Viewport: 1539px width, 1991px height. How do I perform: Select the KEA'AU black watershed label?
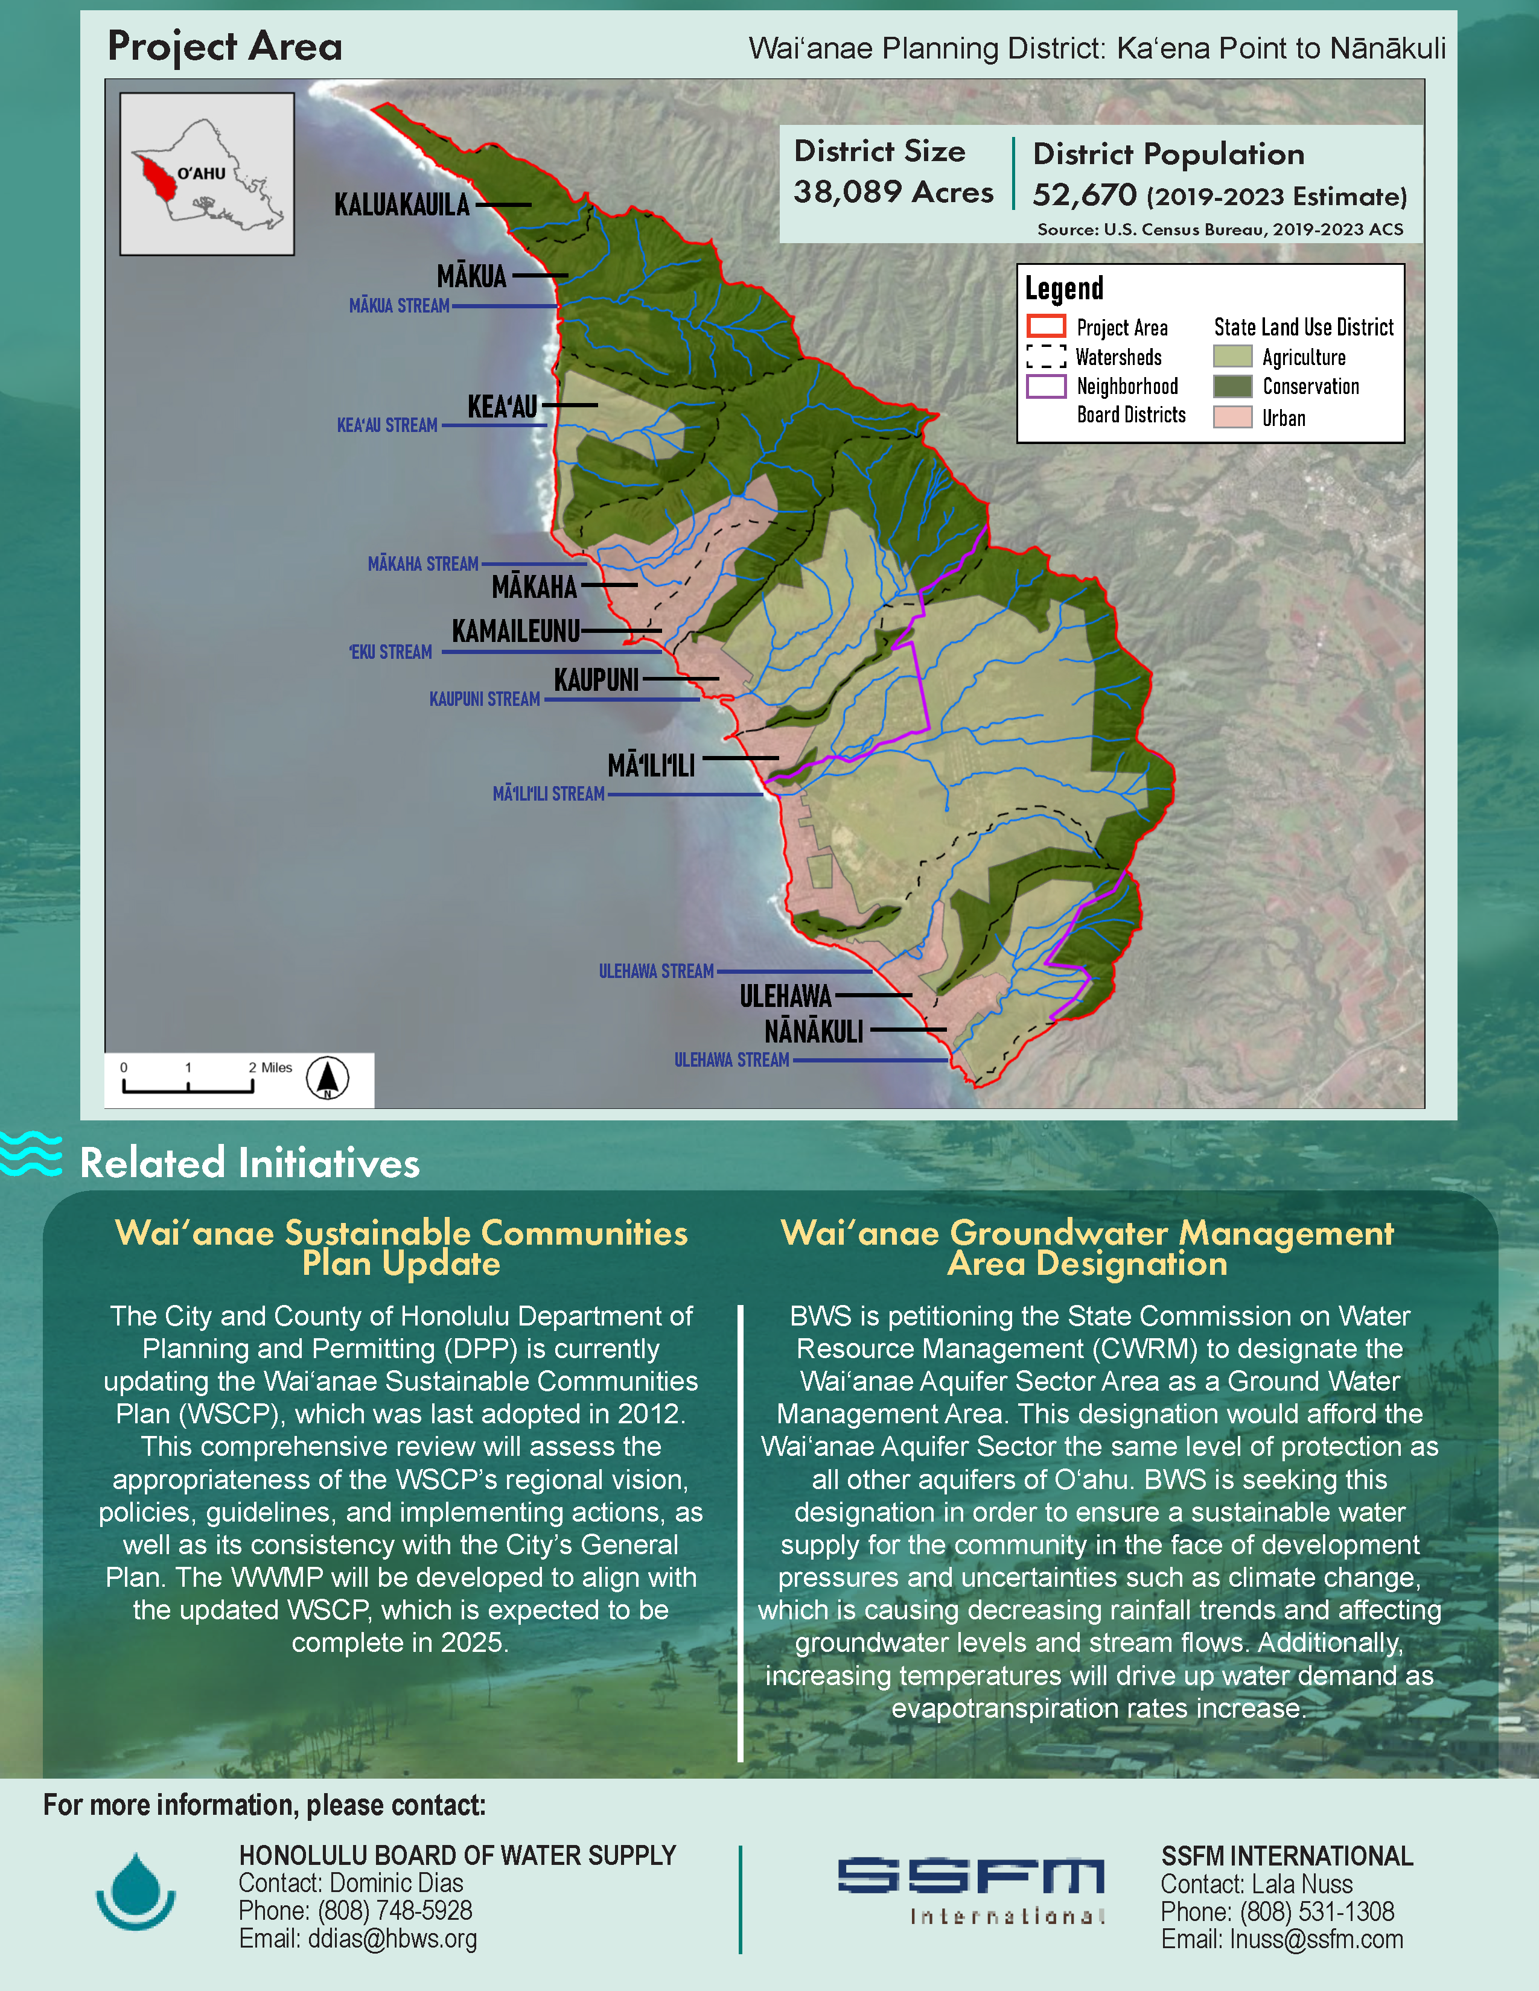(x=502, y=407)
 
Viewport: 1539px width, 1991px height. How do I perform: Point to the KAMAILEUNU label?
(x=515, y=631)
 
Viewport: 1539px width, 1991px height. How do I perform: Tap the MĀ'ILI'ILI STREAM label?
(x=548, y=794)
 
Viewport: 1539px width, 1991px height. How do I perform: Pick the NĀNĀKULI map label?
(x=814, y=1032)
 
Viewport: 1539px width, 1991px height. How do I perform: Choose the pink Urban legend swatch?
(x=1232, y=418)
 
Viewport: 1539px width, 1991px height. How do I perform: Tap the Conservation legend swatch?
(x=1232, y=387)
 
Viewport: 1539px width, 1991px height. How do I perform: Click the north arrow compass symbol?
(x=327, y=1079)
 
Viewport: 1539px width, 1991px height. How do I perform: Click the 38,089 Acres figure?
(x=893, y=192)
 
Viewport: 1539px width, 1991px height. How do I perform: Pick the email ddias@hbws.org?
(x=357, y=1939)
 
